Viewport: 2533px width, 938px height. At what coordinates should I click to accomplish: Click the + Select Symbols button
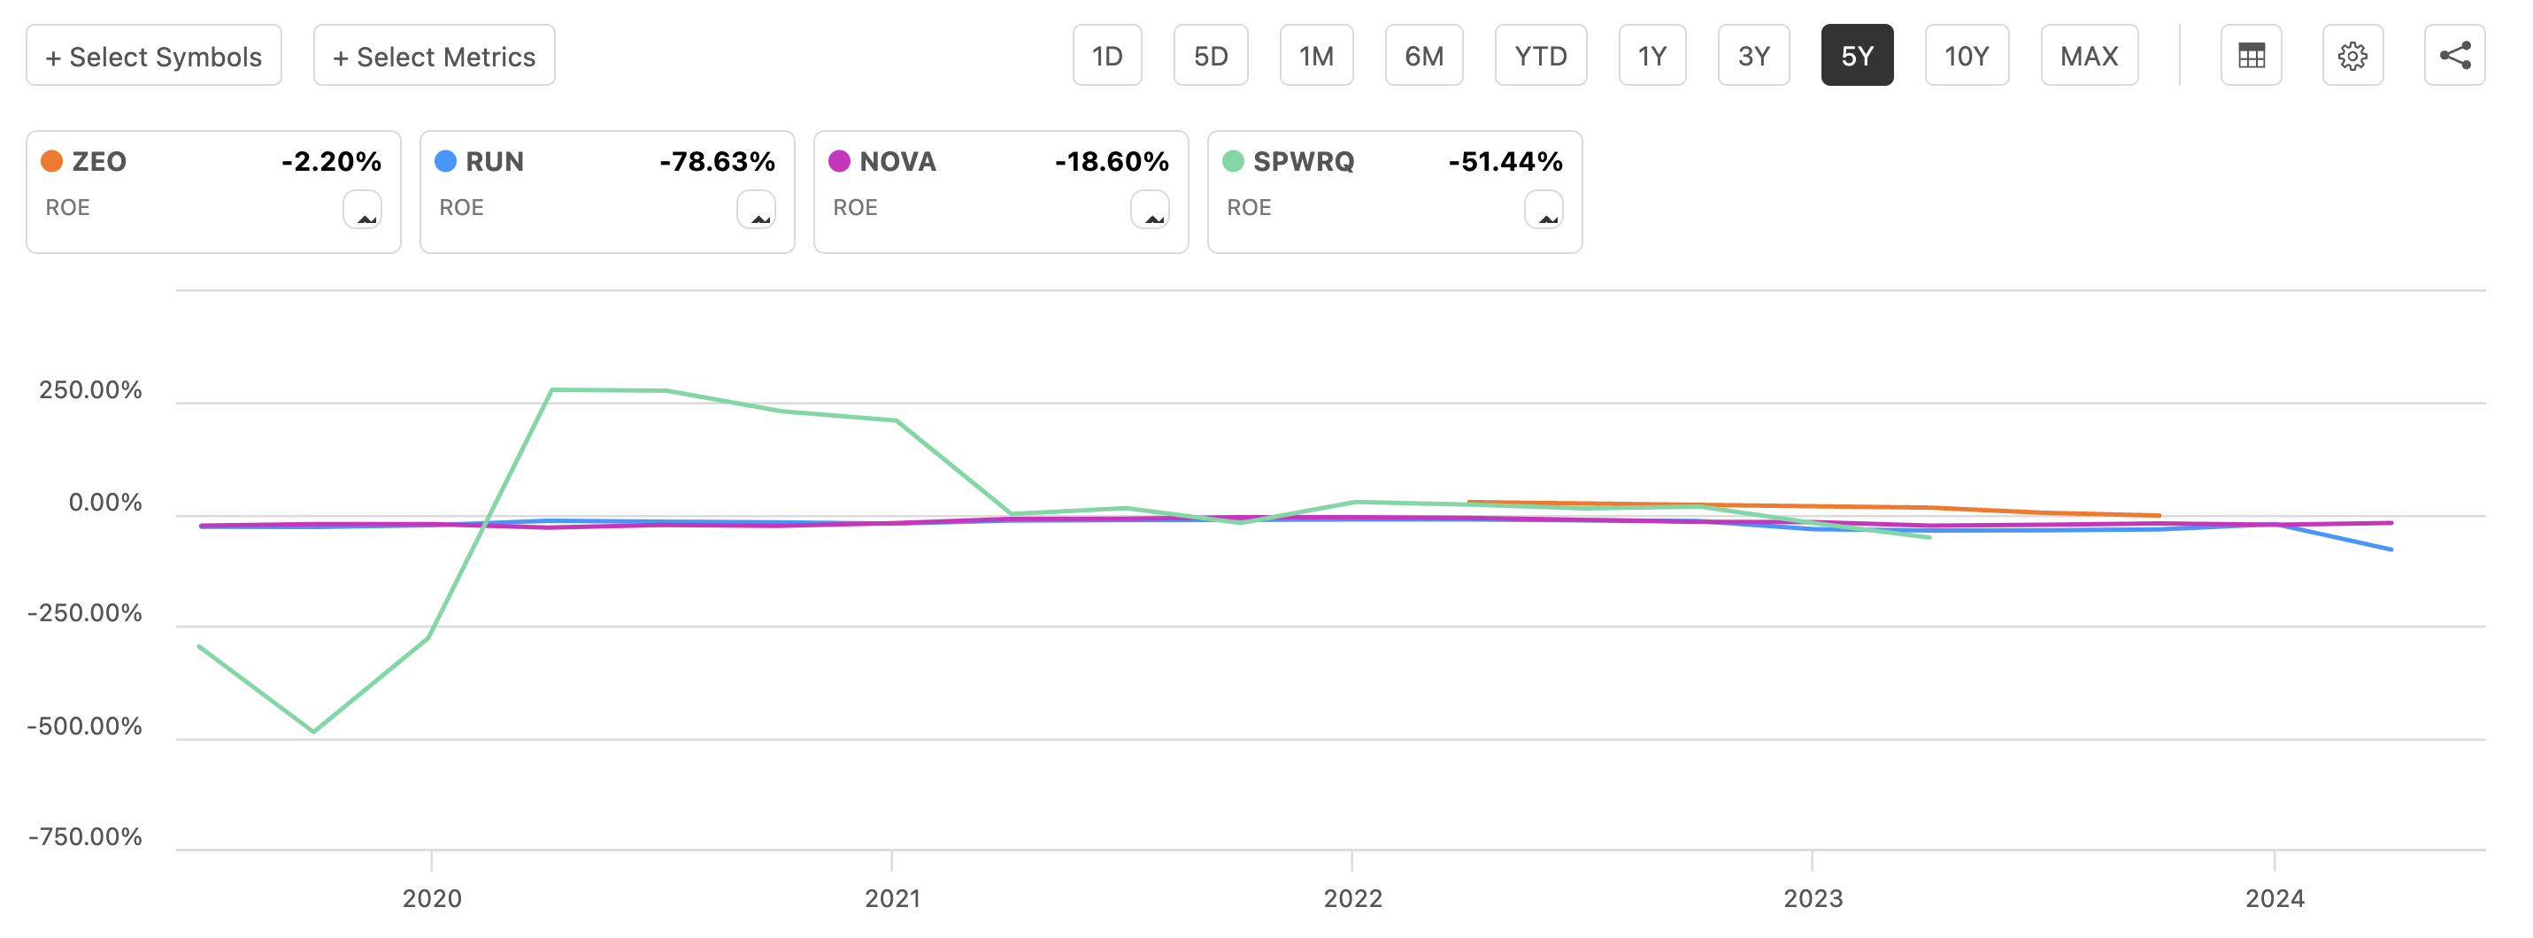pos(153,56)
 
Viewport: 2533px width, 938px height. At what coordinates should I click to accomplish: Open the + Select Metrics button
pos(434,56)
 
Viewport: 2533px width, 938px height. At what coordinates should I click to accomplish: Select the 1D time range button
pos(1106,56)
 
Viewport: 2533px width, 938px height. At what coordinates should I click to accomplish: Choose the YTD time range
pos(1540,56)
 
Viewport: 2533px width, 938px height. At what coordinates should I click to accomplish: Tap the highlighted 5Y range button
pos(1856,56)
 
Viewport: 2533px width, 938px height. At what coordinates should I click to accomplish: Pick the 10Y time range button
pos(1966,56)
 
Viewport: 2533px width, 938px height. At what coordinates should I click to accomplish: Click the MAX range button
pos(2089,56)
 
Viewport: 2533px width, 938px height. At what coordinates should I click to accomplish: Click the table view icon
pos(2251,56)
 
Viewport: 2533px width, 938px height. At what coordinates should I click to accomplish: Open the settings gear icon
pos(2352,56)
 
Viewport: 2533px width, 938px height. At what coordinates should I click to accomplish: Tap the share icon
pos(2454,56)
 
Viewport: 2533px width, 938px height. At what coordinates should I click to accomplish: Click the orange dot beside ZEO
pos(52,161)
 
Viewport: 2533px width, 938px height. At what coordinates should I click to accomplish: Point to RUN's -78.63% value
pos(717,161)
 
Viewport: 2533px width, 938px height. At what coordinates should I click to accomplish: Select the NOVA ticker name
pos(897,161)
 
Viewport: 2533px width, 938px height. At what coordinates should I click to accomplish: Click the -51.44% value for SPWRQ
pos(1505,161)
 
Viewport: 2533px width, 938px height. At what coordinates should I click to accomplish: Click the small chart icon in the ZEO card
pos(363,210)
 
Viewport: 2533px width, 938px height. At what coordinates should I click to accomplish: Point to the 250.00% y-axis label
pos(90,390)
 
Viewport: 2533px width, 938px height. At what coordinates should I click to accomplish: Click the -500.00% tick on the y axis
pos(86,727)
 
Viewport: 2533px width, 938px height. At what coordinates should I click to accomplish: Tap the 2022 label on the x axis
pos(1352,897)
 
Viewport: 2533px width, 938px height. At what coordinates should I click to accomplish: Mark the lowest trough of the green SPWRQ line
pos(313,732)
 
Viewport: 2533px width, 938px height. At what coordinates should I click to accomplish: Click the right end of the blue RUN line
pos(2391,549)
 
